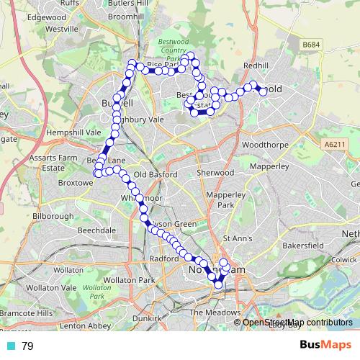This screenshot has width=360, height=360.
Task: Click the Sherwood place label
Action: [x=215, y=173]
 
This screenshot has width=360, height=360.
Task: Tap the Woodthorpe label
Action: [x=265, y=144]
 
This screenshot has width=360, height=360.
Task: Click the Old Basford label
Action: [x=150, y=174]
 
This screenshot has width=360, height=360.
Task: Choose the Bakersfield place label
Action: [x=303, y=246]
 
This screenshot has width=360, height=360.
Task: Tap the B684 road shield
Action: [x=311, y=45]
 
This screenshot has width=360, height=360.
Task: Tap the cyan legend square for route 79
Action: [x=10, y=346]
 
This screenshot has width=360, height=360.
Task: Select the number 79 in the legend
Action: [x=27, y=346]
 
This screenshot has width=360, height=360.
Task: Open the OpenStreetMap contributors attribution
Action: [x=297, y=323]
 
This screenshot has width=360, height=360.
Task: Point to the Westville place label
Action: [x=61, y=30]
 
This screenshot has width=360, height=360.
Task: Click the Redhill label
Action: [x=256, y=66]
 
